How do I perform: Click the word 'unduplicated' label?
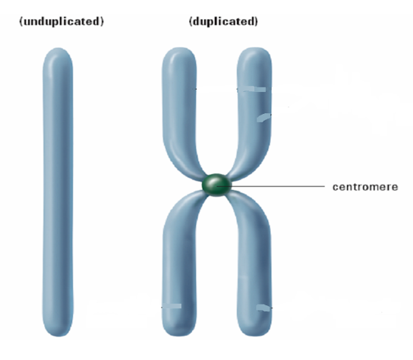[x=61, y=21]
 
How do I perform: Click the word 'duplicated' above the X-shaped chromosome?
[x=223, y=21]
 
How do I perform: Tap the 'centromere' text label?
[x=365, y=187]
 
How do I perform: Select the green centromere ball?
[x=216, y=185]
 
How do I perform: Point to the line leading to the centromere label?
[x=271, y=186]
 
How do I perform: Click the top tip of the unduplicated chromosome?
[x=58, y=48]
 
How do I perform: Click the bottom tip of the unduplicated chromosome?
[x=58, y=336]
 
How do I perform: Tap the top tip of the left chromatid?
[x=180, y=48]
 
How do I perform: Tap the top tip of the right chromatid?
[x=254, y=48]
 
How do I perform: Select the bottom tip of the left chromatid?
[x=179, y=336]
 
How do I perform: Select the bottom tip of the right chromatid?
[x=255, y=336]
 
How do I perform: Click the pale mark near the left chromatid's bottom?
[x=172, y=306]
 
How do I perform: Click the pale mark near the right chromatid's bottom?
[x=263, y=308]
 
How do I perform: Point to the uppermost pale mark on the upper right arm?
[x=254, y=89]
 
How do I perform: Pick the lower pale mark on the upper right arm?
[x=263, y=118]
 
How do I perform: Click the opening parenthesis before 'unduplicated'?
[x=21, y=21]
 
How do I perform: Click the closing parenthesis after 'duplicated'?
[x=256, y=21]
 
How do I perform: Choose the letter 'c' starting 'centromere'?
[x=335, y=187]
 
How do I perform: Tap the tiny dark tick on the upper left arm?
[x=195, y=89]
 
